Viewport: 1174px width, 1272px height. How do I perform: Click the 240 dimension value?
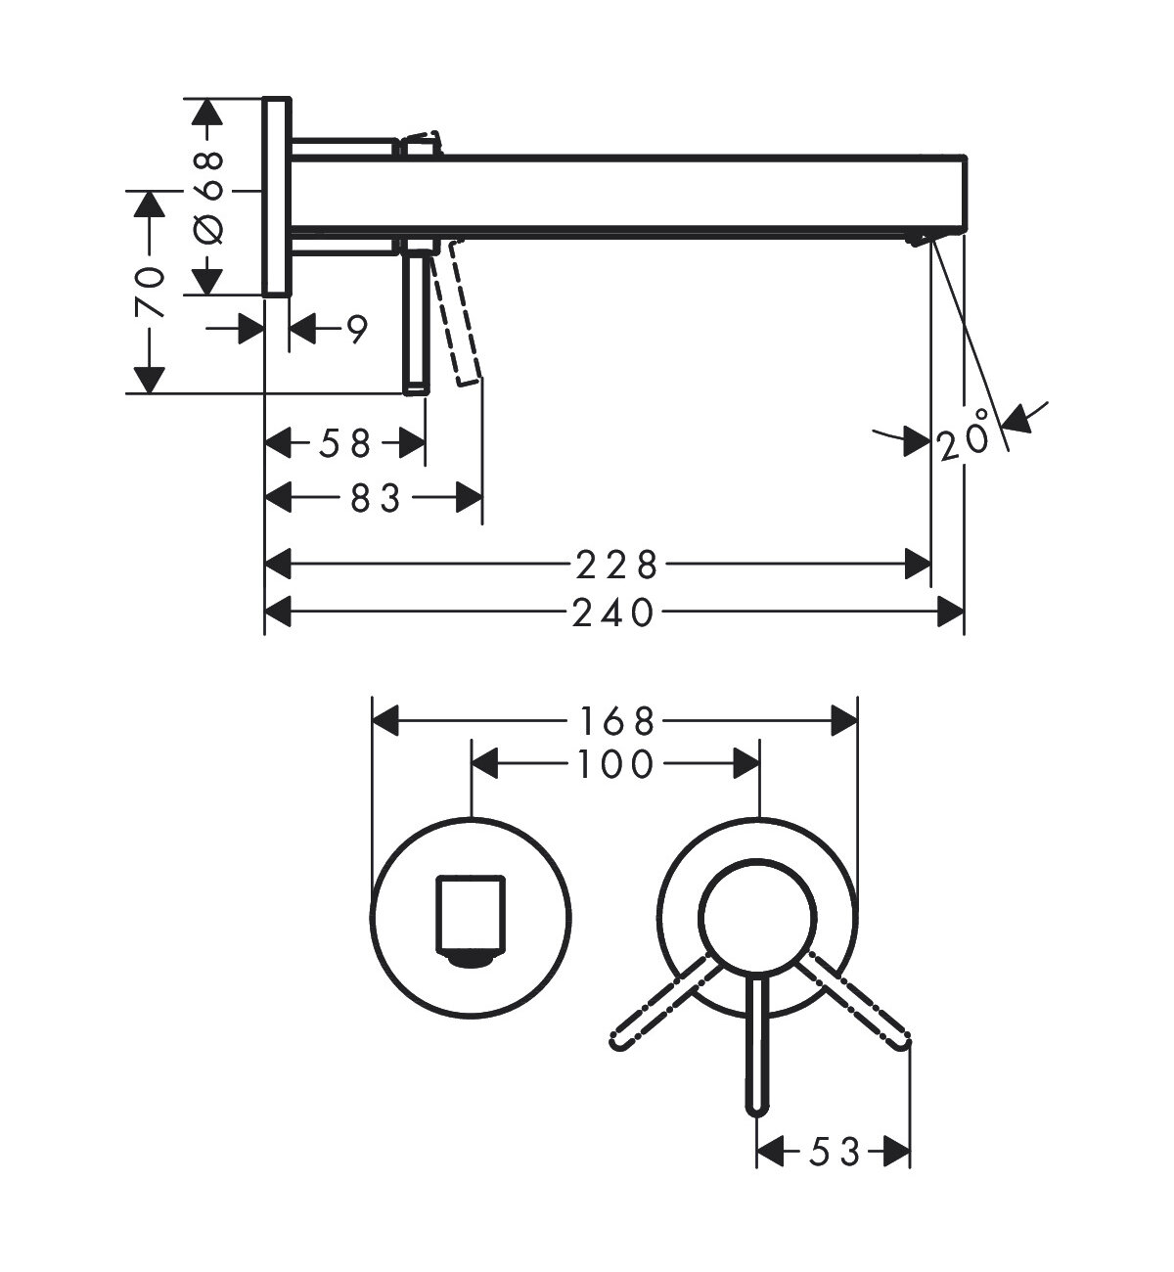point(613,613)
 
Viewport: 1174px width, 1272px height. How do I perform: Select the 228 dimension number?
point(613,565)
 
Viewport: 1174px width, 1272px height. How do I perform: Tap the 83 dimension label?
point(377,500)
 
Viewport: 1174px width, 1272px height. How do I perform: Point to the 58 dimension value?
point(346,444)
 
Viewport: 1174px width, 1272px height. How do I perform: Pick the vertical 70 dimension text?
point(150,291)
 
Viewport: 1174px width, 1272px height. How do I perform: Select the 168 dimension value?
point(613,723)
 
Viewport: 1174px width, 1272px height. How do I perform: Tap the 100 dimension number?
point(613,764)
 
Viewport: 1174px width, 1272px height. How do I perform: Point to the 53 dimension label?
point(835,1153)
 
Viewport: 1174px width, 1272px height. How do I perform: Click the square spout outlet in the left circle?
point(471,916)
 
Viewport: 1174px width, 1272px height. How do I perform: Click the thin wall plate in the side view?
point(276,196)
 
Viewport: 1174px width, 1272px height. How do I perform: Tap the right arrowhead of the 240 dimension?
point(950,613)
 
